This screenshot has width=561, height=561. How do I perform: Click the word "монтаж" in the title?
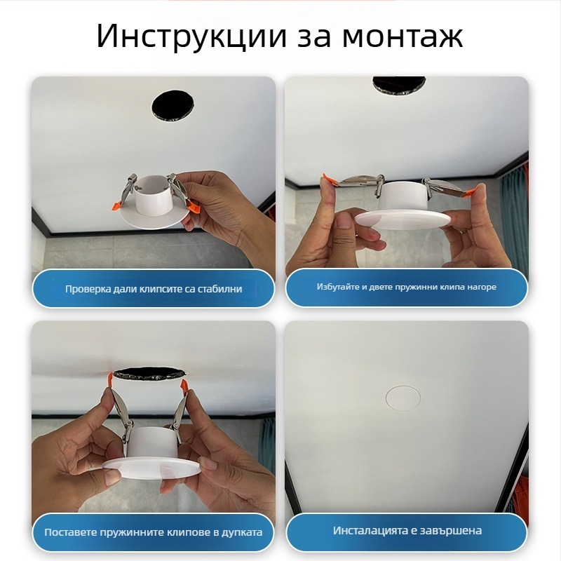tap(403, 36)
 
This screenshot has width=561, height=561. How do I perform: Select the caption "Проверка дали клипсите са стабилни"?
tap(154, 289)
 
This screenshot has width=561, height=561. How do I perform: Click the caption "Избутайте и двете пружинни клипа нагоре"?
tap(406, 287)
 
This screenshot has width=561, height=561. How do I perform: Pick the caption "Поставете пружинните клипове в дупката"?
tap(154, 532)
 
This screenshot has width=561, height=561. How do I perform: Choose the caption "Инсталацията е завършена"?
tap(407, 531)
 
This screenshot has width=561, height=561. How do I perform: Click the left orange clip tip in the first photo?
tap(115, 204)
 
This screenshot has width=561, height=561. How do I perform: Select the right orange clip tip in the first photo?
tap(194, 208)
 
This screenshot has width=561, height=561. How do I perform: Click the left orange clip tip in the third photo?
tap(112, 379)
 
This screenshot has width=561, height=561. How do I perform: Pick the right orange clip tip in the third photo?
tap(186, 384)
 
